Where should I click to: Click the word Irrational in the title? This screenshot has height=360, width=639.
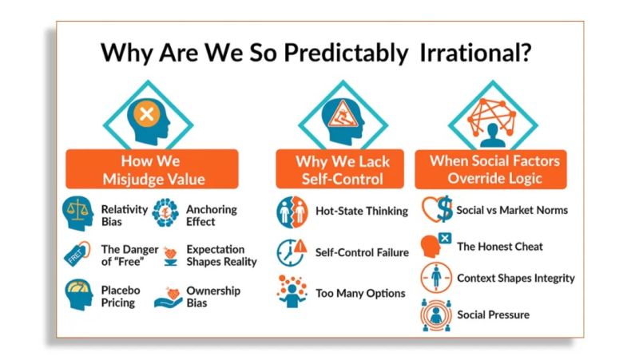(477, 53)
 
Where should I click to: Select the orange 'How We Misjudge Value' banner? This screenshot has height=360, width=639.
(152, 169)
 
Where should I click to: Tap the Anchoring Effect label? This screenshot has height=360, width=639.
(211, 216)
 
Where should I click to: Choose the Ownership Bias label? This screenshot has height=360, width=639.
(212, 296)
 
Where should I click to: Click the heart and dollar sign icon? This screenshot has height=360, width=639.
(436, 211)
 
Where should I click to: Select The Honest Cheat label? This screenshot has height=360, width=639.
(499, 247)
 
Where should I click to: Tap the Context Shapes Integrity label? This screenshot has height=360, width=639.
(515, 279)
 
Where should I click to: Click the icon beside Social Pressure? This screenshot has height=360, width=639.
(436, 315)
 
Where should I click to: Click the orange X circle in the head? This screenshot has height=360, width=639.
(145, 113)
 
